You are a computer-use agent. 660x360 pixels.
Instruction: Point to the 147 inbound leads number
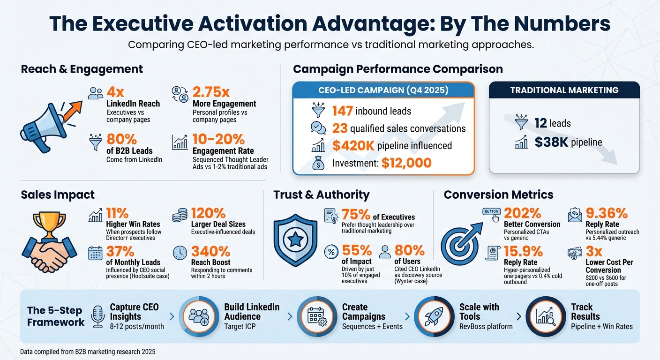(342, 111)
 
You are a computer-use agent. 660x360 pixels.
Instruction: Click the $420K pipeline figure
(353, 146)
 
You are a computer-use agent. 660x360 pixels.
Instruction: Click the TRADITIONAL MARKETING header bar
(564, 90)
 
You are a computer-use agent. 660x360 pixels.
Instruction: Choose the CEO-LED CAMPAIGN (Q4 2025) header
(383, 90)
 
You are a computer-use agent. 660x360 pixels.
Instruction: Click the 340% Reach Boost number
(210, 252)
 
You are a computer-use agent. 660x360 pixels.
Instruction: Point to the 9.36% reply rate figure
(607, 214)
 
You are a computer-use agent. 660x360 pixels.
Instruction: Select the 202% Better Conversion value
(523, 214)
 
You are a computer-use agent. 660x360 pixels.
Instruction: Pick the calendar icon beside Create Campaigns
(316, 316)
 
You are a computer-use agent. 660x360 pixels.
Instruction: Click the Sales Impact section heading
(58, 195)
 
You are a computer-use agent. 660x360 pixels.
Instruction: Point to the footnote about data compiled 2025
(88, 351)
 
